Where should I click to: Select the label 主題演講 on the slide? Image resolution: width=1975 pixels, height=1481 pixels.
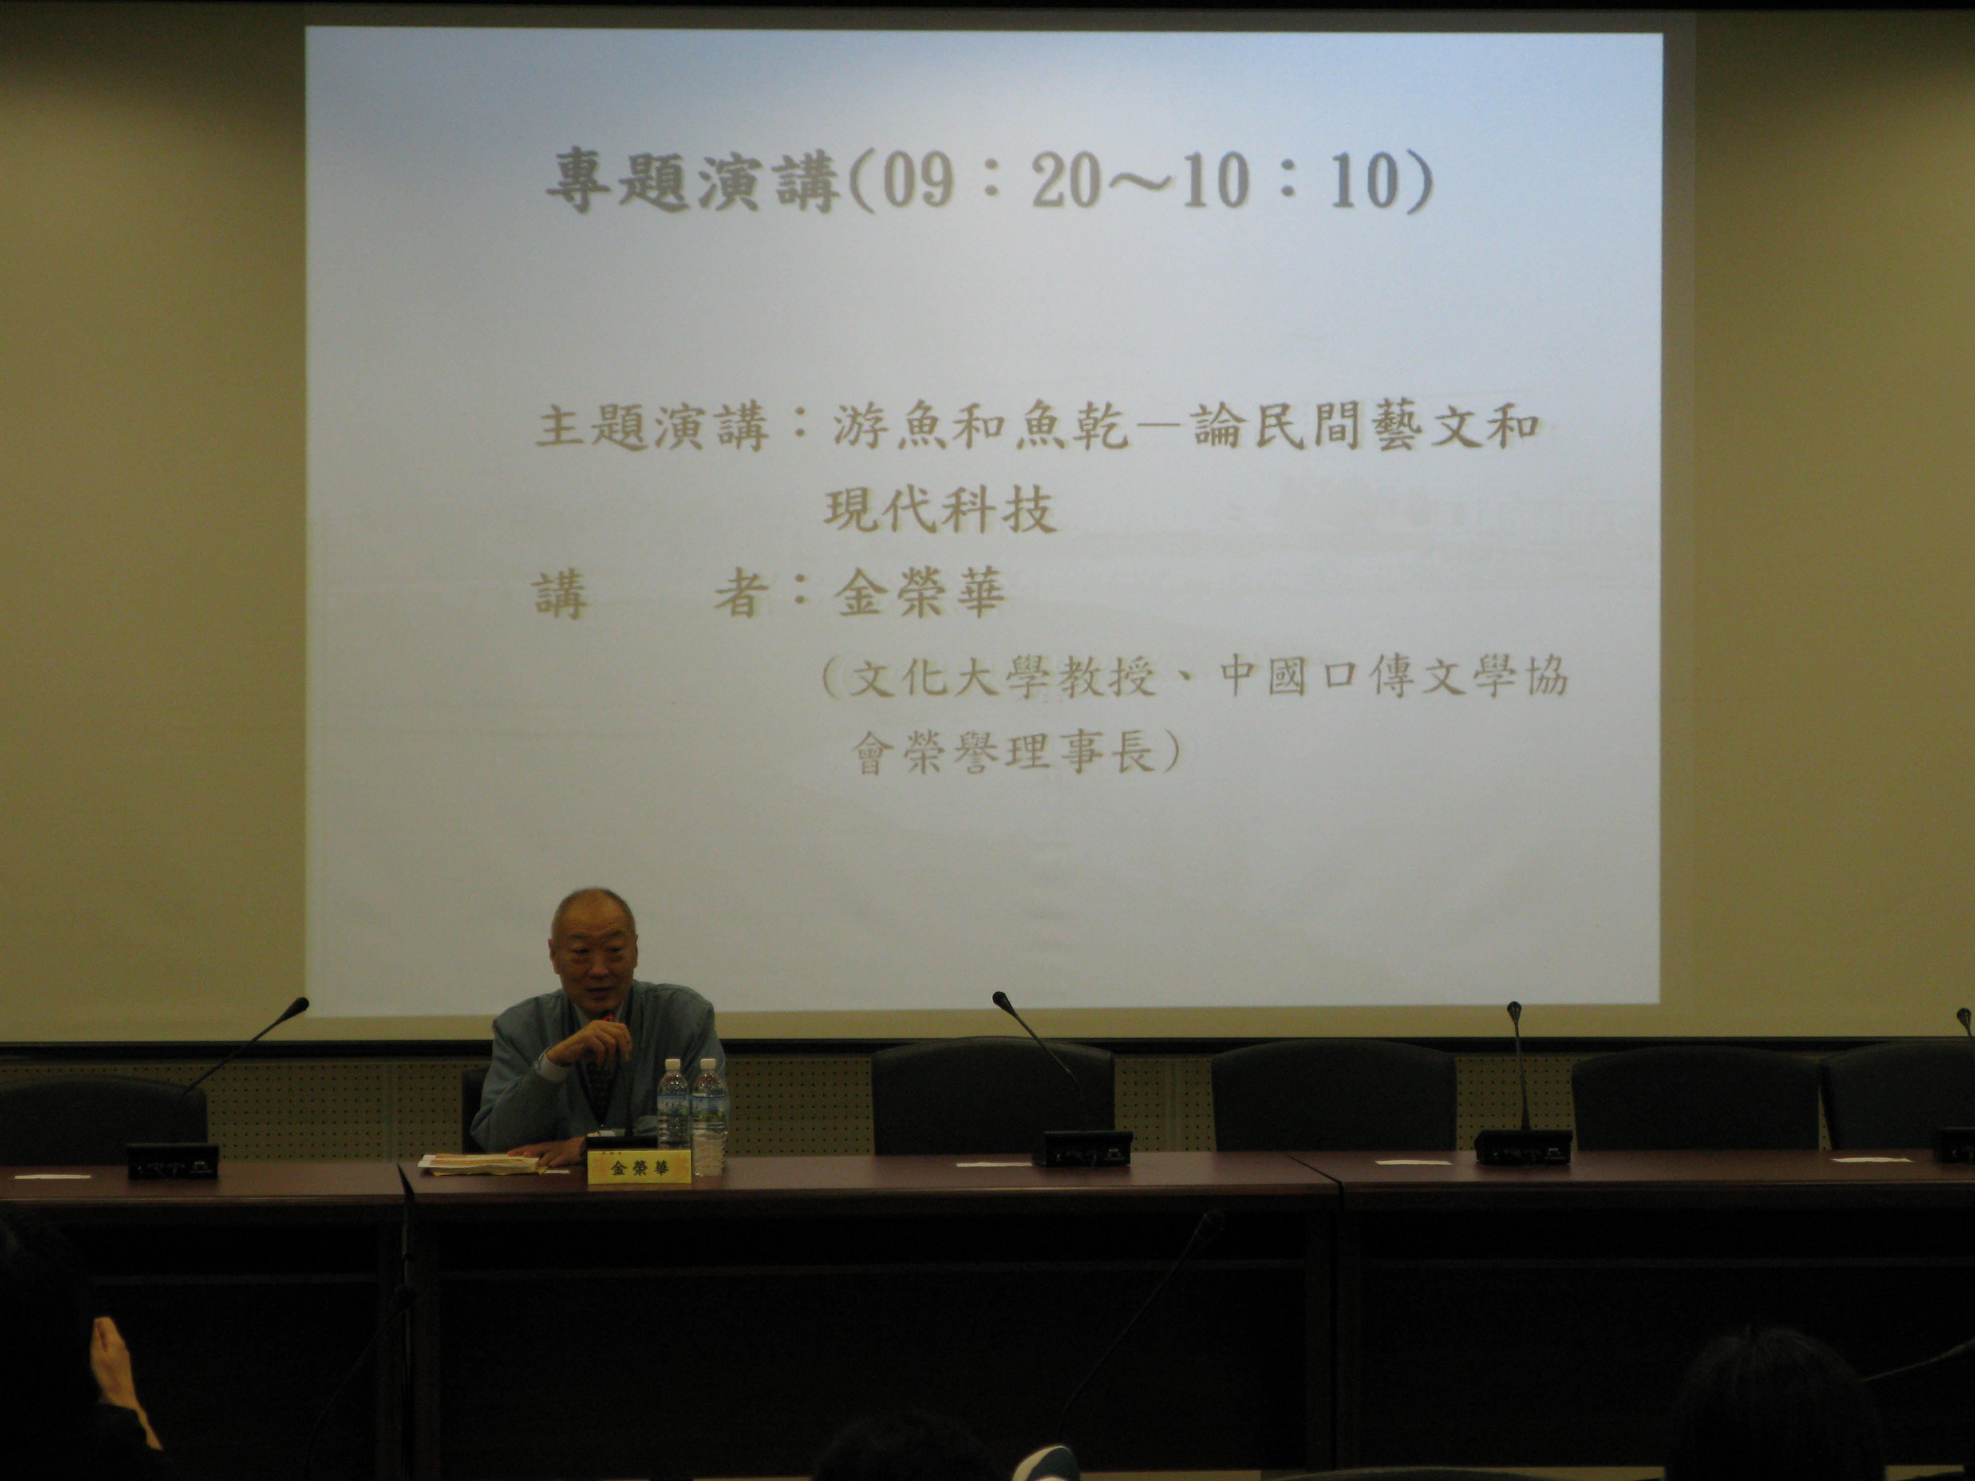point(652,427)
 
